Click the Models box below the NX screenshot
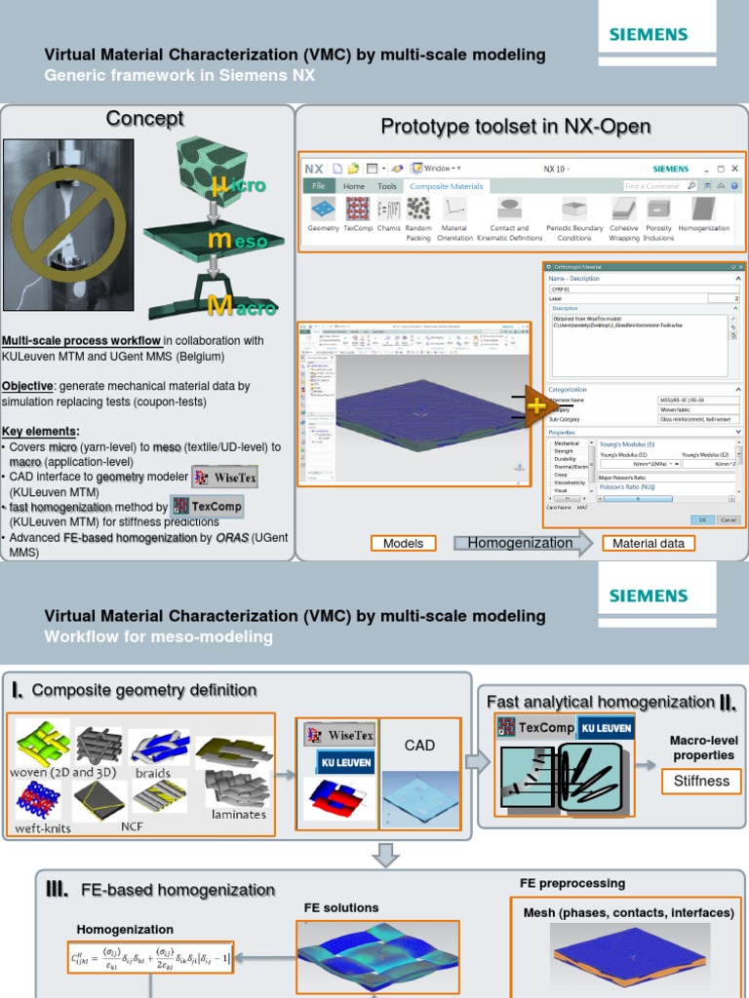pyautogui.click(x=403, y=544)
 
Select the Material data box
pyautogui.click(x=648, y=544)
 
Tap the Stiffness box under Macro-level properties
pyautogui.click(x=701, y=781)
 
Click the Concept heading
pyautogui.click(x=144, y=119)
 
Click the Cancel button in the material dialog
pyautogui.click(x=728, y=519)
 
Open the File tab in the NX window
pyautogui.click(x=317, y=186)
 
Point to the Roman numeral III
pyautogui.click(x=57, y=889)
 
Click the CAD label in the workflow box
pyautogui.click(x=419, y=746)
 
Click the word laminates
pyautogui.click(x=238, y=813)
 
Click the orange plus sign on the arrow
pyautogui.click(x=535, y=405)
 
